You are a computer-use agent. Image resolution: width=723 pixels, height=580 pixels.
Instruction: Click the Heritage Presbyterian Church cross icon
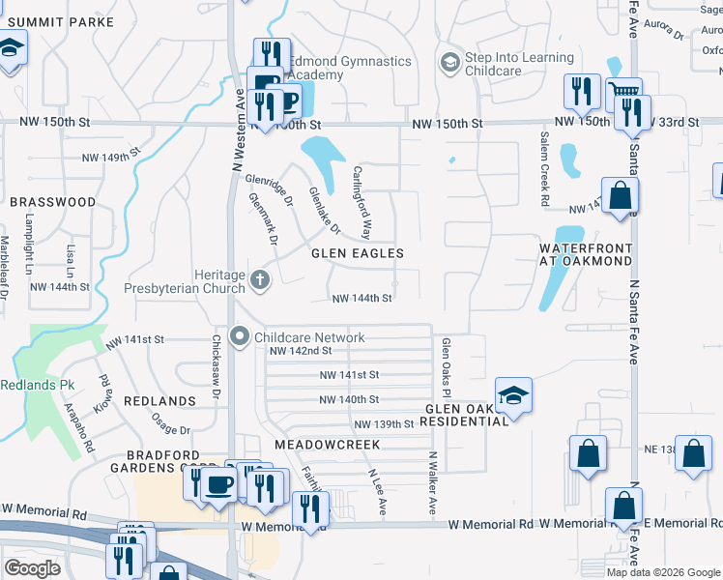tap(259, 280)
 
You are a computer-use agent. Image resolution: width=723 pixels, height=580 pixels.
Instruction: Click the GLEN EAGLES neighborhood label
tap(357, 253)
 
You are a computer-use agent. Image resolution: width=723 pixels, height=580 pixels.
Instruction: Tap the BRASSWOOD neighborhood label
tap(53, 202)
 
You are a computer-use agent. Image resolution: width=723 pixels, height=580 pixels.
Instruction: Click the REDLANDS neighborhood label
tap(160, 400)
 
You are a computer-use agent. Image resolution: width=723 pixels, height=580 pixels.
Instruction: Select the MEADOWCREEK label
tap(327, 444)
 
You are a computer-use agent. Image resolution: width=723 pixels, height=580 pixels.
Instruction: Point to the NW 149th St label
tap(111, 156)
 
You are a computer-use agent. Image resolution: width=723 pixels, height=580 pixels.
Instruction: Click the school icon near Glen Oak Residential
tap(513, 394)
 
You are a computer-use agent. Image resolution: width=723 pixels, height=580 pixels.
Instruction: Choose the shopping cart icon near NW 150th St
tap(625, 94)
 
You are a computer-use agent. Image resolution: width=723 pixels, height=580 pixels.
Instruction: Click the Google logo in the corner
tap(33, 568)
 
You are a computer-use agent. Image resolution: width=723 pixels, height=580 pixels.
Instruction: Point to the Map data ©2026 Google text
tap(663, 572)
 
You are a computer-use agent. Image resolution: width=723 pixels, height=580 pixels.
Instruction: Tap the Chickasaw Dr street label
tap(217, 367)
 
